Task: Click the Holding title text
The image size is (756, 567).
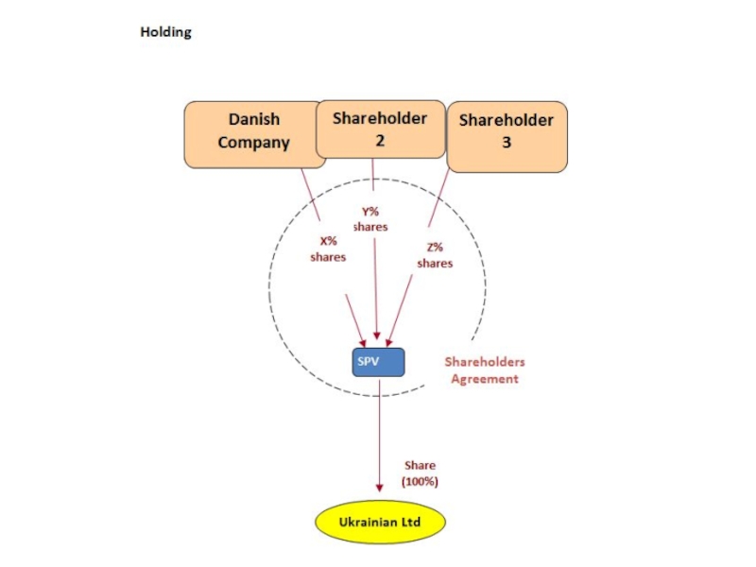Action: (165, 32)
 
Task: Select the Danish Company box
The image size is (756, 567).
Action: (253, 133)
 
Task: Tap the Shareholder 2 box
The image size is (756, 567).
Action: (380, 129)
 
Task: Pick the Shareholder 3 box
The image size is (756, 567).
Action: (507, 136)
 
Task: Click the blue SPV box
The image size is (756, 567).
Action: (378, 361)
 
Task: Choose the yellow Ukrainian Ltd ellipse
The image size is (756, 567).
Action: (379, 522)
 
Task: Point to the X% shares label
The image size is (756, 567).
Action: (328, 249)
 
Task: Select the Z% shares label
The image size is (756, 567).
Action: (435, 255)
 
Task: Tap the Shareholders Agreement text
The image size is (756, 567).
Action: (484, 370)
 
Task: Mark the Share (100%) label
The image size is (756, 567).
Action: (421, 473)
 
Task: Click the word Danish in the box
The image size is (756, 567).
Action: (254, 121)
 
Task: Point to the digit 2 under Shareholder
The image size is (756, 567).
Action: (379, 140)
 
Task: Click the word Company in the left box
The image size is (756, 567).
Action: (253, 144)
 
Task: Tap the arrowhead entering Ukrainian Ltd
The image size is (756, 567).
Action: (379, 488)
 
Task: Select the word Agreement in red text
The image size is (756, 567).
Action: (484, 379)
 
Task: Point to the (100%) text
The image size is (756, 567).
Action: (421, 482)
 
